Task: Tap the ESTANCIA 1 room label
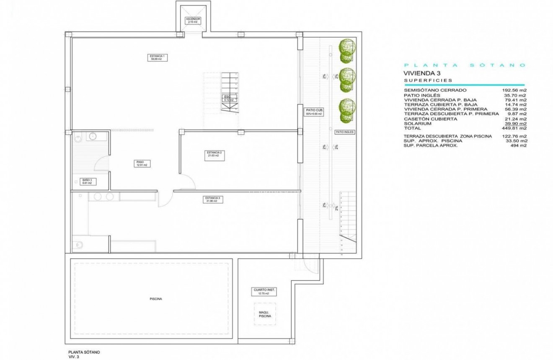[153, 58]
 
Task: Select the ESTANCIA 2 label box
[214, 154]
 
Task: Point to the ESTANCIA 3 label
[212, 199]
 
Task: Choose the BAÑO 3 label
[87, 181]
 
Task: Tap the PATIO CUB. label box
[314, 112]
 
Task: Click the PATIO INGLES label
[345, 132]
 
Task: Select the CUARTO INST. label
[265, 291]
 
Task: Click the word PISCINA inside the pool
[156, 299]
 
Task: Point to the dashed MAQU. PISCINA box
[265, 314]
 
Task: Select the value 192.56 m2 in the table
[514, 90]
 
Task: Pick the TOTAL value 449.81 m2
[514, 128]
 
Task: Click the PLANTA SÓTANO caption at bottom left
[84, 352]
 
